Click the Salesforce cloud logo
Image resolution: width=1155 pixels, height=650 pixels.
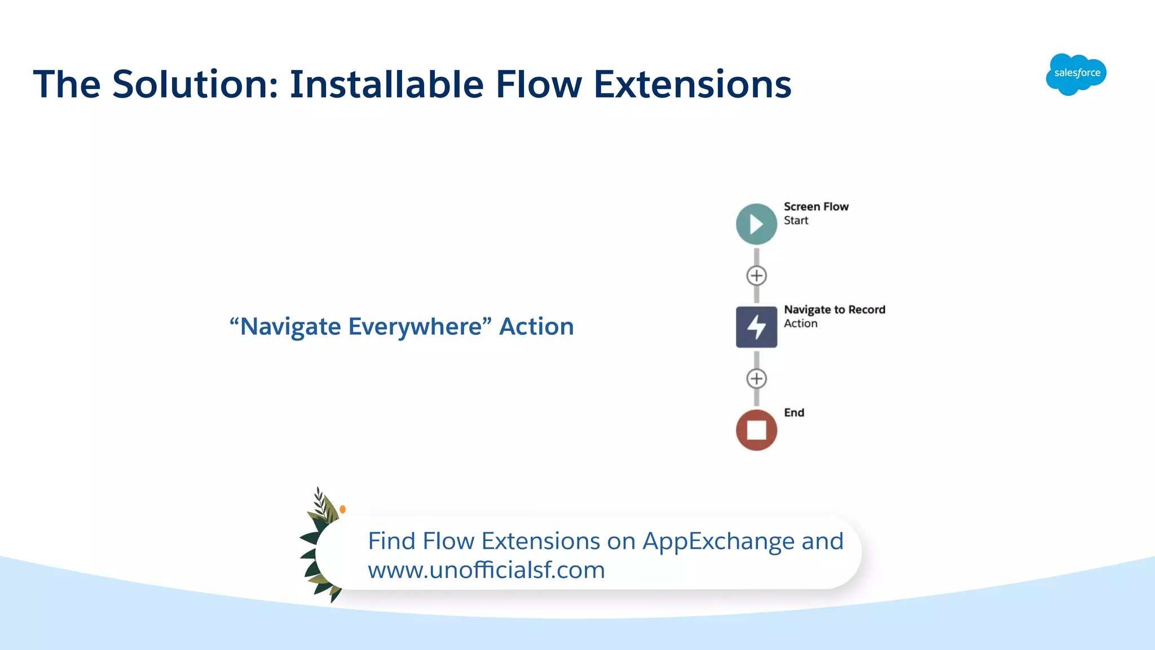pos(1076,74)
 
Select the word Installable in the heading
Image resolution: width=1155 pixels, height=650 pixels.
pos(387,85)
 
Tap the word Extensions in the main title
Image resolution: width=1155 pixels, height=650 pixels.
pos(693,85)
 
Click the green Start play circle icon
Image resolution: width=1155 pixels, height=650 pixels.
pos(756,224)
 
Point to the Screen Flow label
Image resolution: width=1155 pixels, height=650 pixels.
pos(815,207)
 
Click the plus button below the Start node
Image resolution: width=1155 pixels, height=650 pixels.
pos(756,276)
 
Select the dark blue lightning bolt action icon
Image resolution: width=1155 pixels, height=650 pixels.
pos(756,327)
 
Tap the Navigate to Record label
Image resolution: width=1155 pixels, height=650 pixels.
pos(834,309)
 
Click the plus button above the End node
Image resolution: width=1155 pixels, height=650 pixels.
pos(756,378)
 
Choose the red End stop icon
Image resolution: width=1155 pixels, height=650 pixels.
pos(756,430)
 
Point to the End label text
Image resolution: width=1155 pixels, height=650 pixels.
pos(793,413)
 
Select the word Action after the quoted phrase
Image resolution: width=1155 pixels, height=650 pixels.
pos(536,327)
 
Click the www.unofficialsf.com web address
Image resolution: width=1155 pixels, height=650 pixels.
pos(486,570)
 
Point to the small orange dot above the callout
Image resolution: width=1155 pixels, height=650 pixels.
pos(343,509)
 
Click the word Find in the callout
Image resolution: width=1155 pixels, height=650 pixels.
pos(391,541)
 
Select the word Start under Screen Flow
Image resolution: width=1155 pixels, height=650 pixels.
pos(796,221)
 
